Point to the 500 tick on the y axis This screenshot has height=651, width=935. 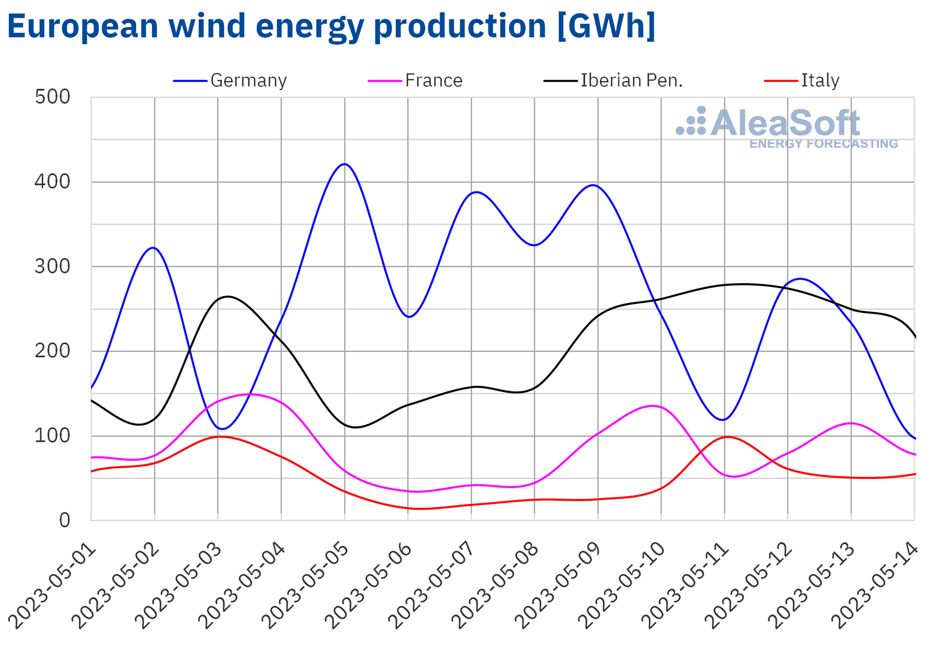[52, 97]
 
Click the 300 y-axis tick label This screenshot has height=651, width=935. [52, 266]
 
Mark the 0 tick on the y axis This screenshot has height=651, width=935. [64, 520]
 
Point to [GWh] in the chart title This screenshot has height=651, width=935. [607, 25]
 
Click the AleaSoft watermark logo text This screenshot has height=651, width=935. [785, 123]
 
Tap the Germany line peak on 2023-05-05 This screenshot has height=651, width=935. [345, 164]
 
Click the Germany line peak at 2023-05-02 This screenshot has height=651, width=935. [153, 247]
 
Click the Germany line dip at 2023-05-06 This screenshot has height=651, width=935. [409, 317]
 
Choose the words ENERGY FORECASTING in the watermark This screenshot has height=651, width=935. [824, 144]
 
